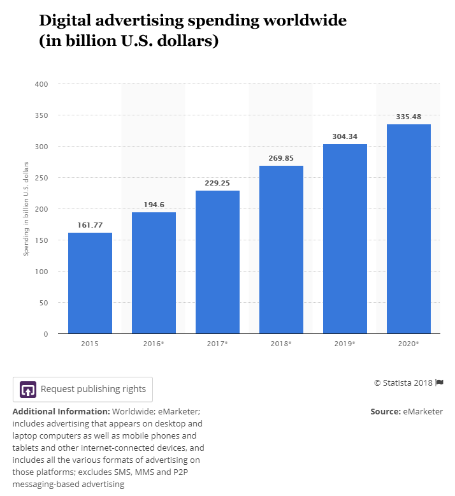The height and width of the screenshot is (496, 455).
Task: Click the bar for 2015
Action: click(x=90, y=283)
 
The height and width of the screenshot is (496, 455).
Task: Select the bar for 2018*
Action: click(x=281, y=249)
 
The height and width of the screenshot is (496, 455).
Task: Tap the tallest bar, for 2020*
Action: click(x=408, y=229)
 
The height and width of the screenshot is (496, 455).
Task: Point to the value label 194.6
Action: click(x=154, y=205)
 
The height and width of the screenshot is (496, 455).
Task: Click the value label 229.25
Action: click(x=217, y=183)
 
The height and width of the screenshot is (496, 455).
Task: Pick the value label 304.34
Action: click(x=345, y=136)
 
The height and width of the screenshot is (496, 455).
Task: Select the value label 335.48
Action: click(x=408, y=117)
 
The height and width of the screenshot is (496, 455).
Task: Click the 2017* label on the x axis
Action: click(x=217, y=344)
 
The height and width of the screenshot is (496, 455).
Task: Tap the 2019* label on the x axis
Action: click(x=345, y=344)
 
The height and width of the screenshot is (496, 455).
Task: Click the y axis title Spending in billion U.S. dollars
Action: click(x=27, y=208)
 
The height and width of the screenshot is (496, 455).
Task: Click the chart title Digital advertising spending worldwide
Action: click(x=192, y=20)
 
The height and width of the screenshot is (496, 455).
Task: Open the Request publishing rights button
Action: click(x=83, y=389)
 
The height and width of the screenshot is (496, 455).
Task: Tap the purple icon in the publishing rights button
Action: click(x=27, y=389)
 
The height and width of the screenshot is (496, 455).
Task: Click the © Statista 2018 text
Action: click(x=403, y=383)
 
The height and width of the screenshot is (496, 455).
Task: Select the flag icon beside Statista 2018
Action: click(x=439, y=383)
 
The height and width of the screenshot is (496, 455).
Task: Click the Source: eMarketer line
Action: click(x=407, y=412)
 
